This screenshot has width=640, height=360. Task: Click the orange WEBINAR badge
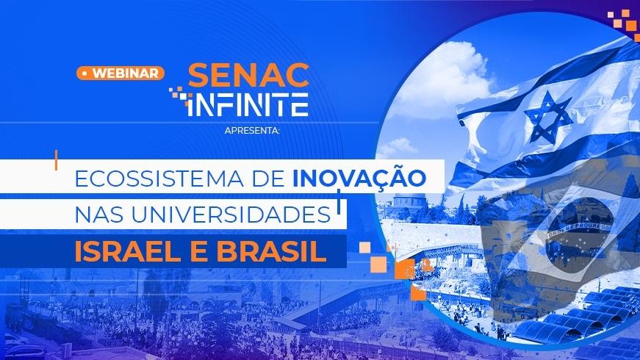point(121,73)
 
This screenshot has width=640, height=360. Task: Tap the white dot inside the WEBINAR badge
point(85,73)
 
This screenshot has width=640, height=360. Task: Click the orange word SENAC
point(248,75)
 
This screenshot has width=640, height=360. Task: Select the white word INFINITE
point(247,104)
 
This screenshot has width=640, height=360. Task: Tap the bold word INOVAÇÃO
point(359,178)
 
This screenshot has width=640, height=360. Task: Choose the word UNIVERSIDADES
point(231,215)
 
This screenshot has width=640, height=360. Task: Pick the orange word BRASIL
point(271,252)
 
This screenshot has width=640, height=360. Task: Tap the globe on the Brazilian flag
point(580,231)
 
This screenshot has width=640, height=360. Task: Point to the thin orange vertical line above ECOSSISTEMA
point(56,159)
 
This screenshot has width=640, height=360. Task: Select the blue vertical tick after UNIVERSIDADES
point(338,201)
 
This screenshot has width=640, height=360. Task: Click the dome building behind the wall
point(402,201)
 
